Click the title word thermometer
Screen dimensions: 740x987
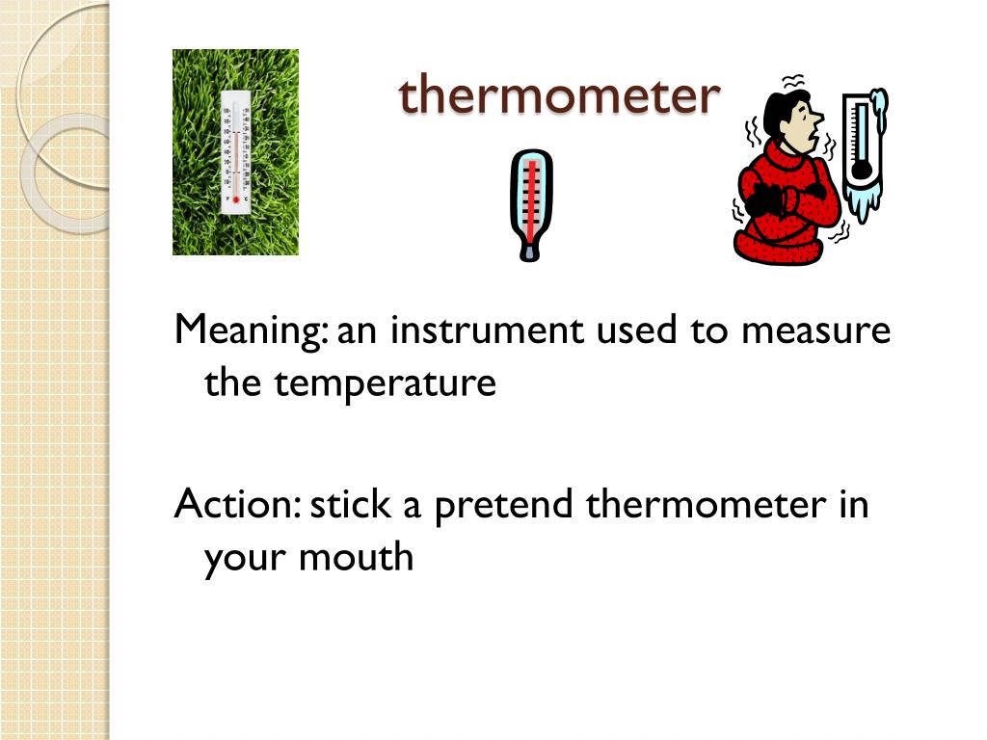[559, 94]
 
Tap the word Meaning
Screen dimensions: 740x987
[248, 331]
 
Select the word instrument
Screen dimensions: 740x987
[488, 331]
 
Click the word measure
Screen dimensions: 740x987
[815, 331]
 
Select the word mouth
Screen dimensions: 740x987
[356, 557]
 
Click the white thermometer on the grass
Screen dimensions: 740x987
[235, 151]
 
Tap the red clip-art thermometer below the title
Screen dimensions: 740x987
[529, 204]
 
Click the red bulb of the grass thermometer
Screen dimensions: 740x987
[235, 198]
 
